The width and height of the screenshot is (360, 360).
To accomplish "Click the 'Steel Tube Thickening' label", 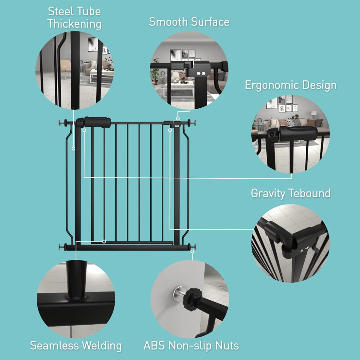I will (x=74, y=18).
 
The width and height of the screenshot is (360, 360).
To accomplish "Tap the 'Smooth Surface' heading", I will (x=189, y=22).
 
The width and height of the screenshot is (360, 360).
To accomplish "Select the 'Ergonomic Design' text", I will (x=291, y=85).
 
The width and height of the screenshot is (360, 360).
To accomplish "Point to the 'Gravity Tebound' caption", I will (x=291, y=193).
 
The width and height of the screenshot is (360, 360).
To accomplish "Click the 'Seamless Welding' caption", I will (x=76, y=345).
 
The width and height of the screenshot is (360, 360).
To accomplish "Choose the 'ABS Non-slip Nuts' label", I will (x=191, y=345).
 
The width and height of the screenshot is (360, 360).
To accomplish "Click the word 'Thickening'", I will (x=74, y=24).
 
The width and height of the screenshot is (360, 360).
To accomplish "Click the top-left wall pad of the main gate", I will (x=60, y=123).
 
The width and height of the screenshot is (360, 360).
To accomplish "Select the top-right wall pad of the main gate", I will (x=195, y=123).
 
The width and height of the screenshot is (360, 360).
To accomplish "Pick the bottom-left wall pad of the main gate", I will (x=60, y=246).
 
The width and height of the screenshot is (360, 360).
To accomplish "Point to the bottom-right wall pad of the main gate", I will (x=195, y=246).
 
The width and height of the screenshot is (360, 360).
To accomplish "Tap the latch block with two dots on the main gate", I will (x=177, y=124).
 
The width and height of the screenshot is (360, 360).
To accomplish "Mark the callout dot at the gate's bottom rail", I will (x=104, y=242).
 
